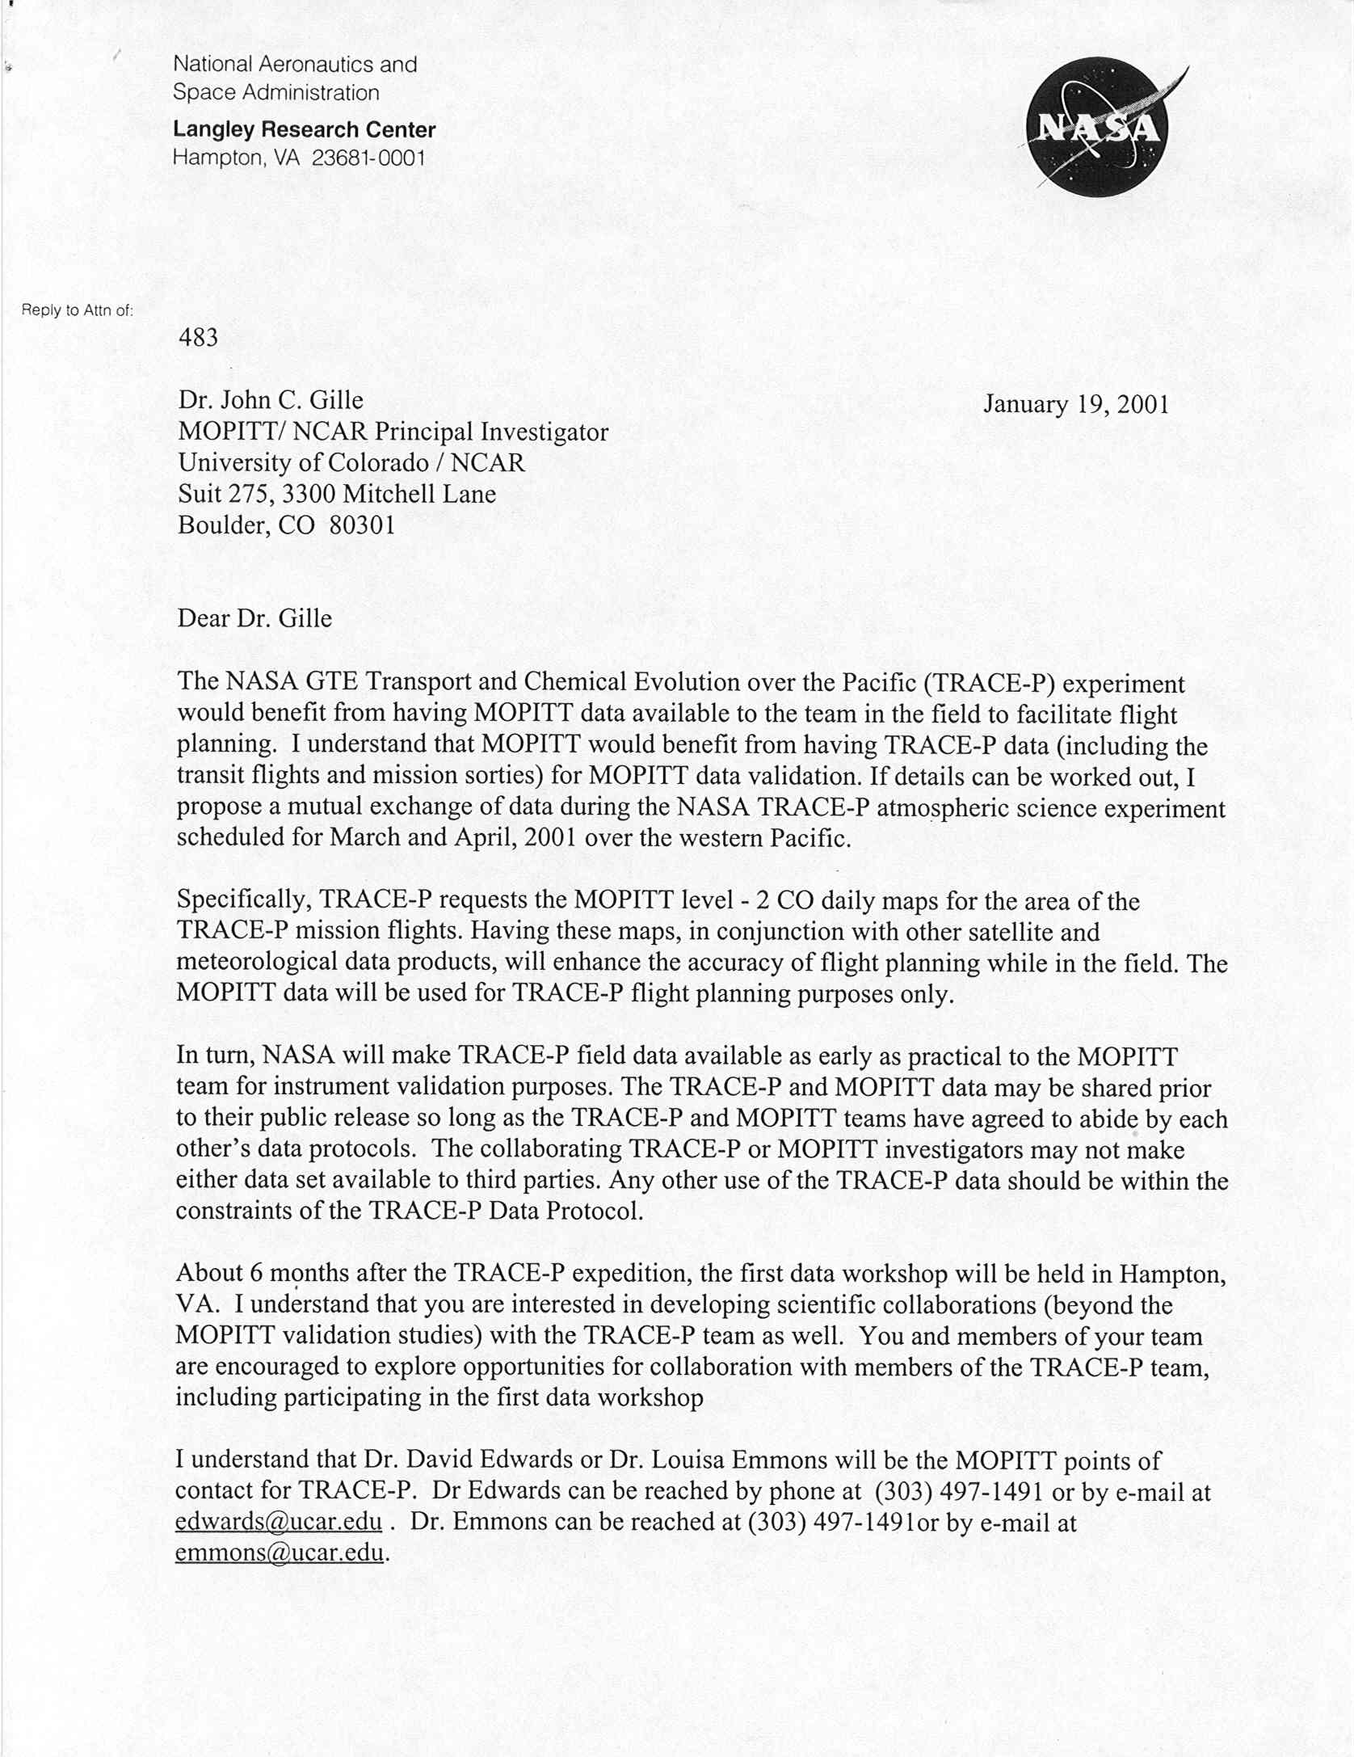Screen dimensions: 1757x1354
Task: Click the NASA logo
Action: click(1095, 128)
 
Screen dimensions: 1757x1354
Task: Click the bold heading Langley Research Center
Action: click(304, 129)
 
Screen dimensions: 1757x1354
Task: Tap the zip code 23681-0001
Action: click(368, 158)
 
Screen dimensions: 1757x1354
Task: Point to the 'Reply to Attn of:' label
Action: click(77, 310)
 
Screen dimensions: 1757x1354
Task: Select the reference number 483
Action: click(198, 337)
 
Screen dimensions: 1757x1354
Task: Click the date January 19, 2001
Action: click(1075, 404)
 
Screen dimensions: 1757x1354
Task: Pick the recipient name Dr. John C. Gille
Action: click(271, 400)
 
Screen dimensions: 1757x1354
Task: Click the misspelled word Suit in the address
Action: click(199, 494)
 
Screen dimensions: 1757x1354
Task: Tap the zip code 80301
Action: click(363, 525)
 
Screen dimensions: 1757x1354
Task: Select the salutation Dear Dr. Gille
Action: click(254, 618)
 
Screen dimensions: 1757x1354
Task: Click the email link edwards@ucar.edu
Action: click(278, 1522)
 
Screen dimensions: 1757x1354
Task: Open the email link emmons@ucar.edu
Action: click(278, 1553)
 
